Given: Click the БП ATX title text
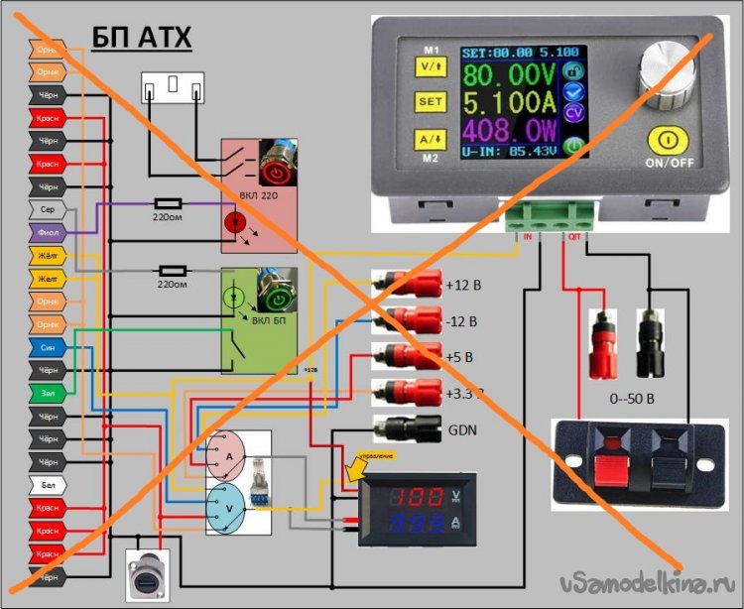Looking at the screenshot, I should [142, 38].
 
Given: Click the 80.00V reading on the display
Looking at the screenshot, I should [509, 75].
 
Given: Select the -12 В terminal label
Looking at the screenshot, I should [462, 321].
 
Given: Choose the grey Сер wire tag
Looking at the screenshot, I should [48, 209].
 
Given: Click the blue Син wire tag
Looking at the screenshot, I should [48, 348].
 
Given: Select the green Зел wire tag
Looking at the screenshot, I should [48, 394].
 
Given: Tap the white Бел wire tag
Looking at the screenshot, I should [48, 486].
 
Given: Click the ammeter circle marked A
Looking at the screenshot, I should [229, 454].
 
